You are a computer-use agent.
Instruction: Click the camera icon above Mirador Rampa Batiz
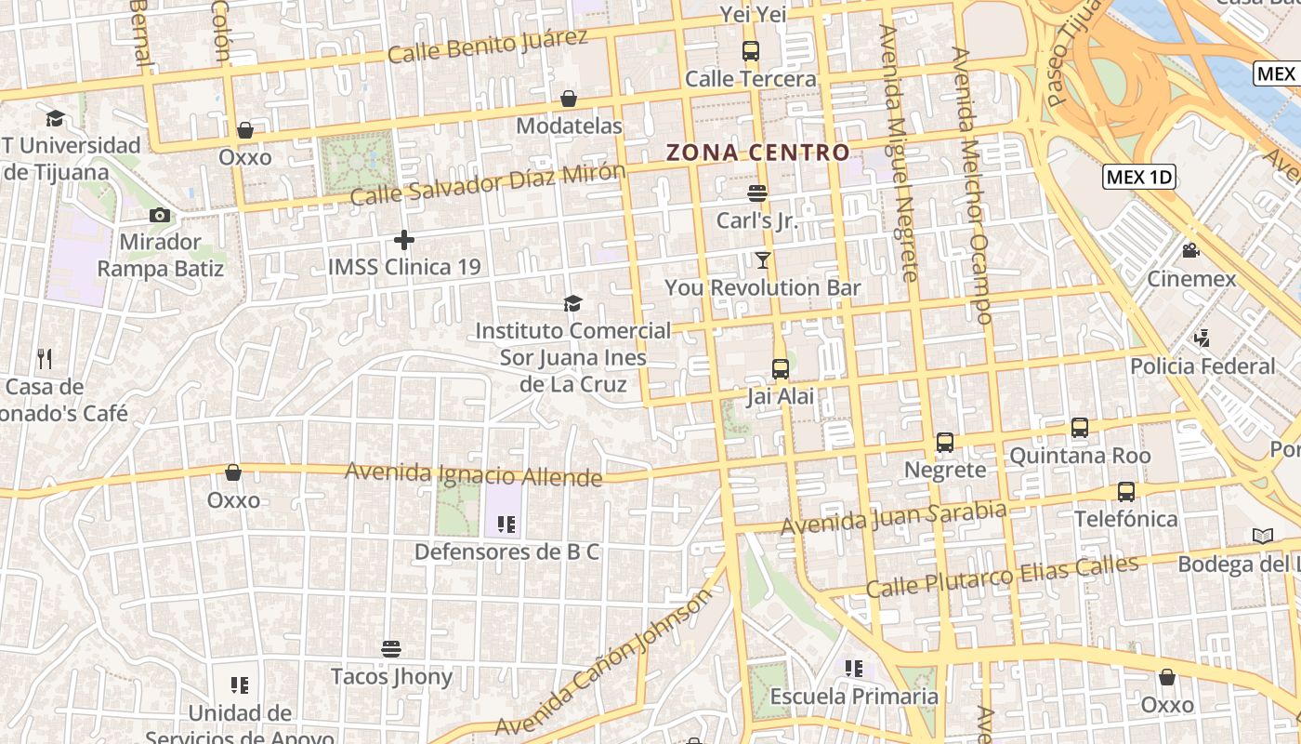pyautogui.click(x=160, y=216)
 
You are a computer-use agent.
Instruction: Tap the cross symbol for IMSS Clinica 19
pyautogui.click(x=403, y=240)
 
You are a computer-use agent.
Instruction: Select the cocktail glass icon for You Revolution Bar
pyautogui.click(x=763, y=260)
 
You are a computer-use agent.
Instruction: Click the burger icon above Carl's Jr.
pyautogui.click(x=757, y=193)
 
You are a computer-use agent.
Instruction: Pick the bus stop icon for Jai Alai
pyautogui.click(x=781, y=369)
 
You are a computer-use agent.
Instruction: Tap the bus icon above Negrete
pyautogui.click(x=945, y=443)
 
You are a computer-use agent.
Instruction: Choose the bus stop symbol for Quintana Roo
pyautogui.click(x=1080, y=428)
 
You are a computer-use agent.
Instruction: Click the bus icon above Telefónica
pyautogui.click(x=1126, y=491)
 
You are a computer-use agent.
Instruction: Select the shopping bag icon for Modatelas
pyautogui.click(x=569, y=99)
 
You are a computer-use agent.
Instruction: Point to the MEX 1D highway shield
pyautogui.click(x=1139, y=177)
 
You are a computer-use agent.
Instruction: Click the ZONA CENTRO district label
pyautogui.click(x=758, y=153)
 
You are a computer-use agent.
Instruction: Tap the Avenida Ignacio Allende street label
pyautogui.click(x=473, y=475)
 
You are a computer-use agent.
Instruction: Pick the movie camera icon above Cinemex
pyautogui.click(x=1190, y=251)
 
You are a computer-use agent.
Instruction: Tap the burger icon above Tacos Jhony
pyautogui.click(x=391, y=648)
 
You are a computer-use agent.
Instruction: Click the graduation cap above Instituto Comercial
pyautogui.click(x=572, y=304)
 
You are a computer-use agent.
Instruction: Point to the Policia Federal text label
pyautogui.click(x=1202, y=366)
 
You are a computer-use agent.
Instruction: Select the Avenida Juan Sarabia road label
pyautogui.click(x=893, y=518)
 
